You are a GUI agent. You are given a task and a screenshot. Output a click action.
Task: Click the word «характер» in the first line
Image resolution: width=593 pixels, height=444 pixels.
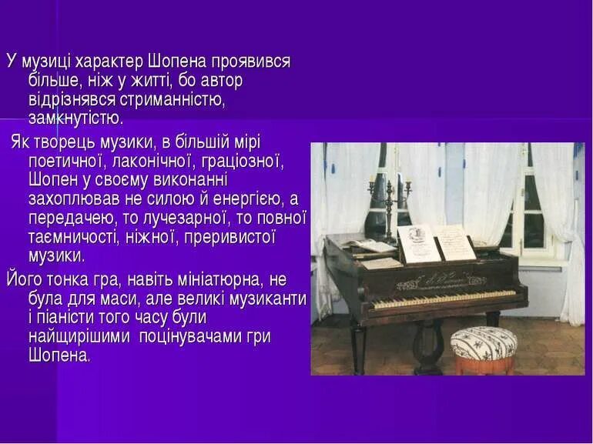107,62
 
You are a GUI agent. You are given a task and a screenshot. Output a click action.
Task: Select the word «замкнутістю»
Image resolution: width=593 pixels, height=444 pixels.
75,119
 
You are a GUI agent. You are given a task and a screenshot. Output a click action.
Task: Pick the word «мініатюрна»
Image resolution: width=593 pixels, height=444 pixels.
208,277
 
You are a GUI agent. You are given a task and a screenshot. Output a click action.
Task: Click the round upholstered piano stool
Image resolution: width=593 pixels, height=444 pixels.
483,345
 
